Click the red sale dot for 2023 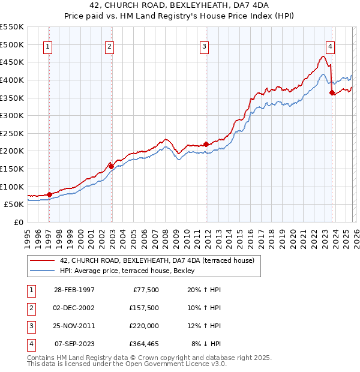[332, 92]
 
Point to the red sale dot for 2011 [206, 144]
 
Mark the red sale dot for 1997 [49, 194]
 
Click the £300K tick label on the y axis [11, 115]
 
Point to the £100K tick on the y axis [11, 187]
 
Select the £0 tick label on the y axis [17, 222]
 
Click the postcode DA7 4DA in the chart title [235, 5]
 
